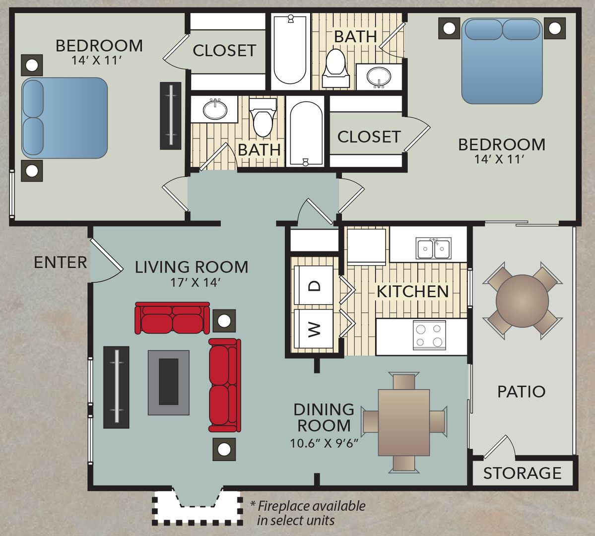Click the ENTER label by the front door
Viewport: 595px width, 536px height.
click(60, 262)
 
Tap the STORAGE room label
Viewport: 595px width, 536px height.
click(522, 473)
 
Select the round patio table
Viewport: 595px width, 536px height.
click(522, 301)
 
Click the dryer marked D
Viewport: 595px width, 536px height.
click(314, 285)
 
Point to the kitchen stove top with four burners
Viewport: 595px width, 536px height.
click(429, 335)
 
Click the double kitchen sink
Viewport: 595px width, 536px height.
click(434, 248)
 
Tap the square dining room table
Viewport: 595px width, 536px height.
click(404, 422)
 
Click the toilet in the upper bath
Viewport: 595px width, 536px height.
click(336, 64)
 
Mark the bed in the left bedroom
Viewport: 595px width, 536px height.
click(65, 118)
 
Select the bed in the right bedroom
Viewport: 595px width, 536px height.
click(501, 61)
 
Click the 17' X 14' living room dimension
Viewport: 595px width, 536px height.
click(192, 282)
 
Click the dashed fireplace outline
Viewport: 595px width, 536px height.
click(198, 509)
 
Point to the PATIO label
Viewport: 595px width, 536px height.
click(521, 392)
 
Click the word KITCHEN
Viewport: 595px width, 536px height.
click(412, 291)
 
